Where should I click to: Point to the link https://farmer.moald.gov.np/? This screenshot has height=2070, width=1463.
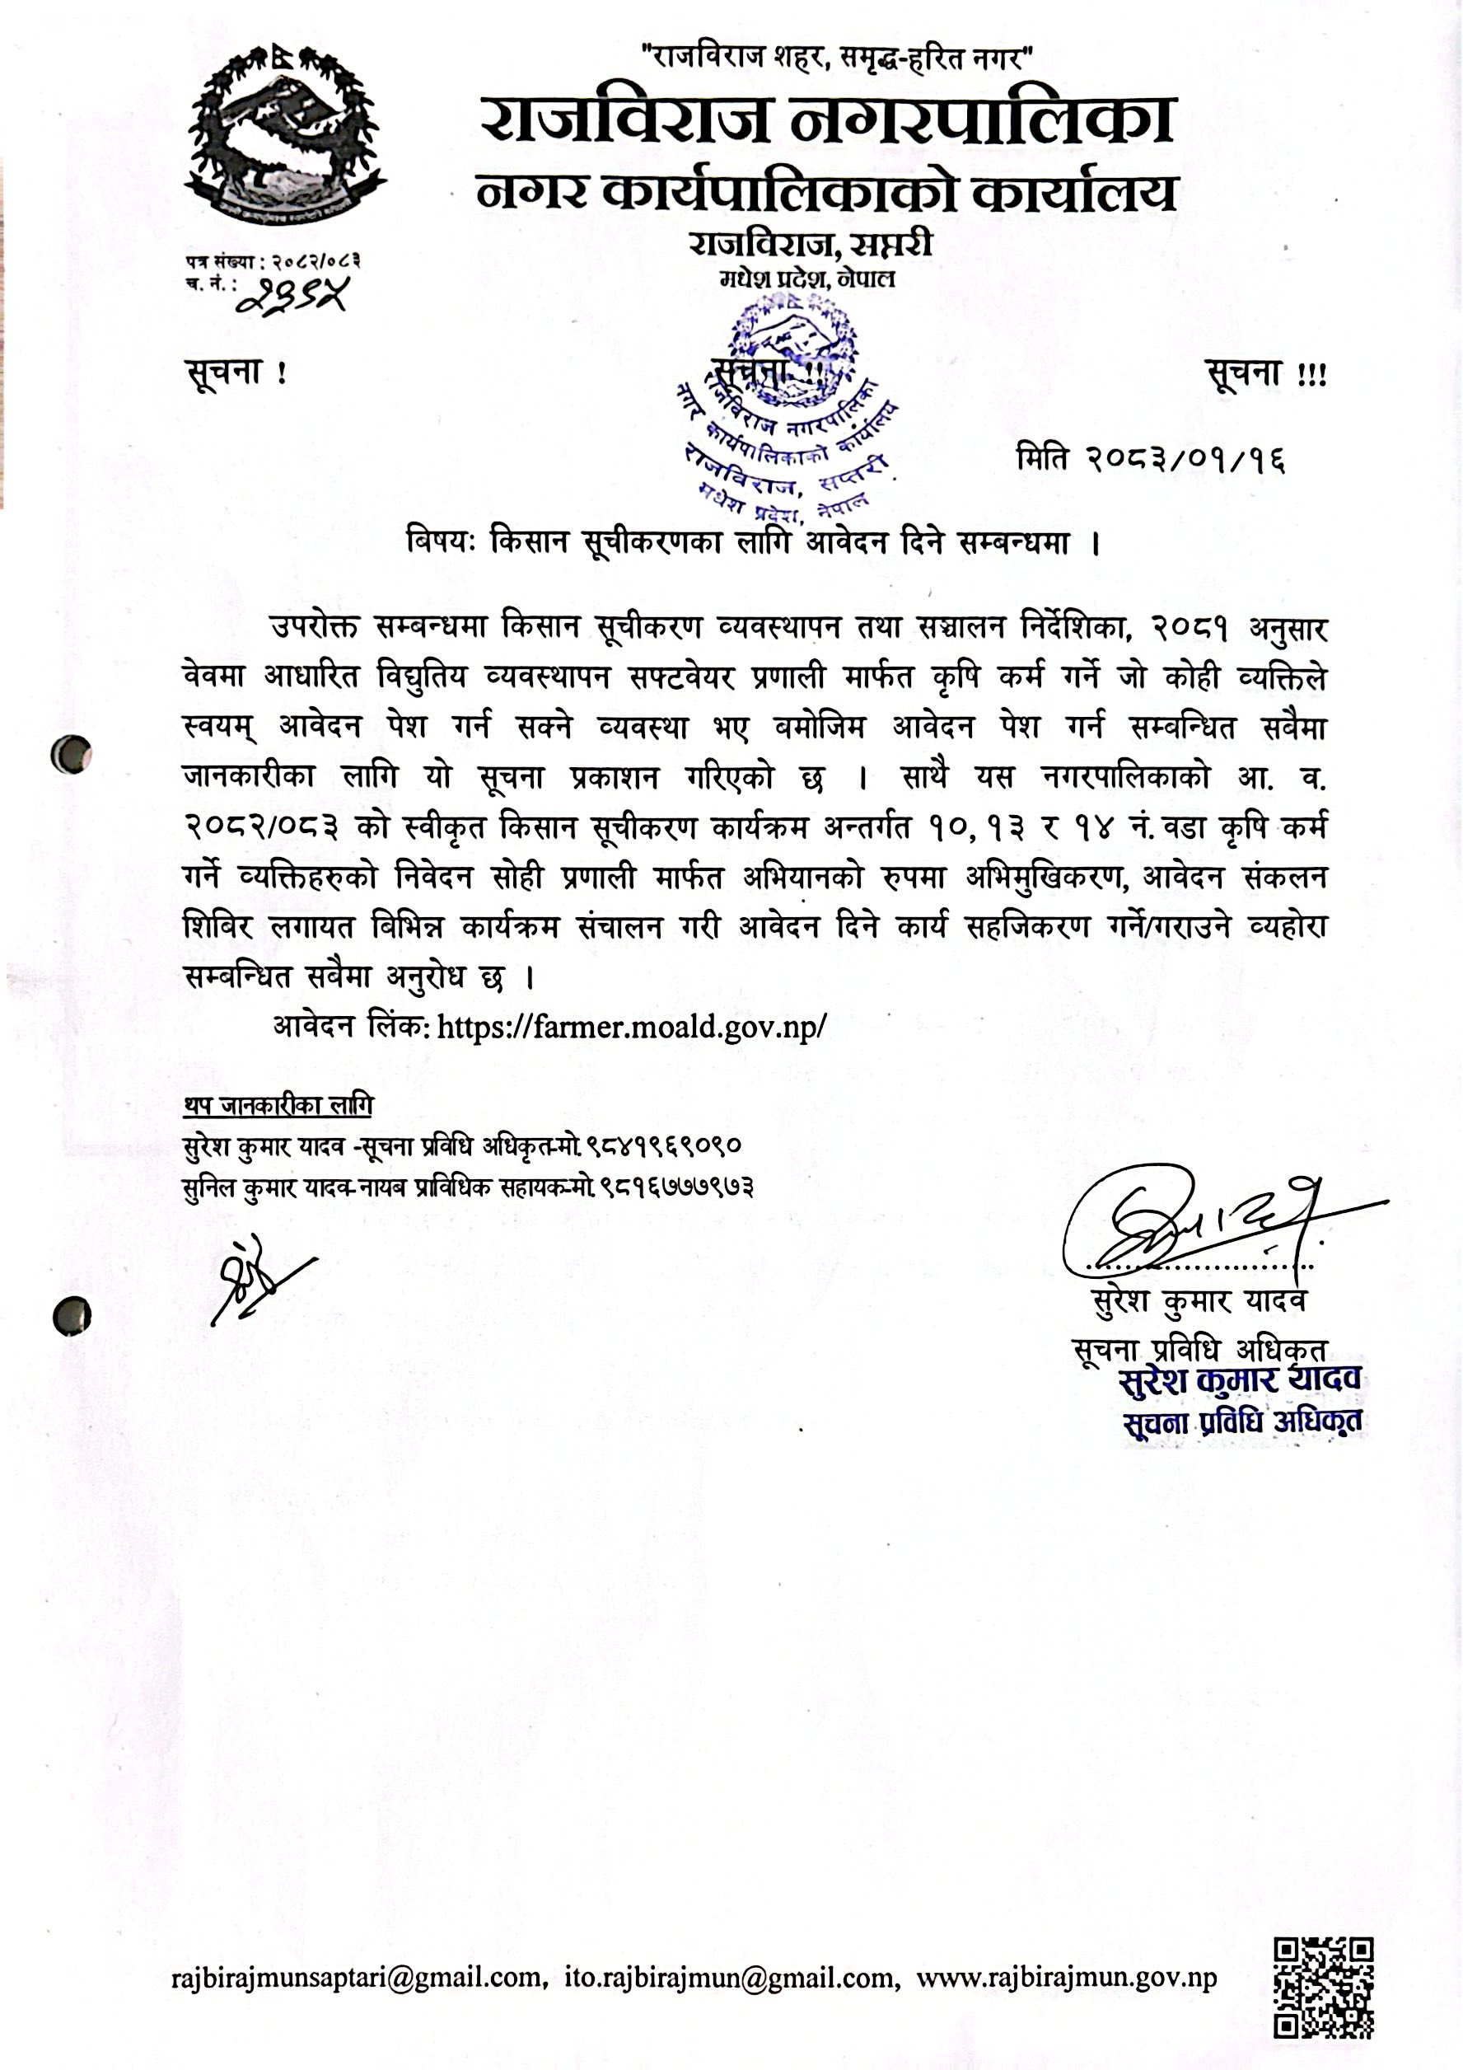click(631, 1026)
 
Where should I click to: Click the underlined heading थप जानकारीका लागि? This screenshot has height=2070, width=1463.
click(278, 1105)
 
